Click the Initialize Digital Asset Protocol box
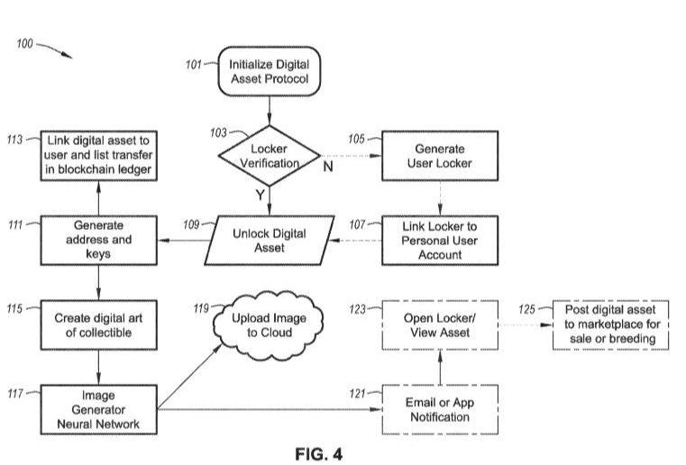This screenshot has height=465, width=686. point(270,73)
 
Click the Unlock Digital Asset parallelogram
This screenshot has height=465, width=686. point(270,240)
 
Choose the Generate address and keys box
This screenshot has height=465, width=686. point(99,240)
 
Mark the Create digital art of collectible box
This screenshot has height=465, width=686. point(99,325)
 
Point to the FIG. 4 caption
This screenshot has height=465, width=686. point(318,453)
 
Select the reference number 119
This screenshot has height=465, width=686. point(203,308)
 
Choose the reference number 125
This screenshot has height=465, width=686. point(529,308)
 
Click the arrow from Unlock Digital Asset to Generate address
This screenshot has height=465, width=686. point(180,241)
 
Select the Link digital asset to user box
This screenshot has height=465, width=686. point(99,155)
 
